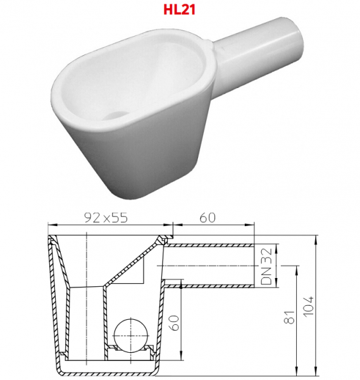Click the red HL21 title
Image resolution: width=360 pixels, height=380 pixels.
[x=180, y=9]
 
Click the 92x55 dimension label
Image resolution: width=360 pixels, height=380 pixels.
[x=106, y=218]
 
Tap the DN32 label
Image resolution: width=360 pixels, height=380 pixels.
[x=266, y=266]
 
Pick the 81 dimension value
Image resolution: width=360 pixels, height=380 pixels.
[x=289, y=317]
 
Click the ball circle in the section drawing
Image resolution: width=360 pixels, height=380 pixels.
[x=131, y=336]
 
